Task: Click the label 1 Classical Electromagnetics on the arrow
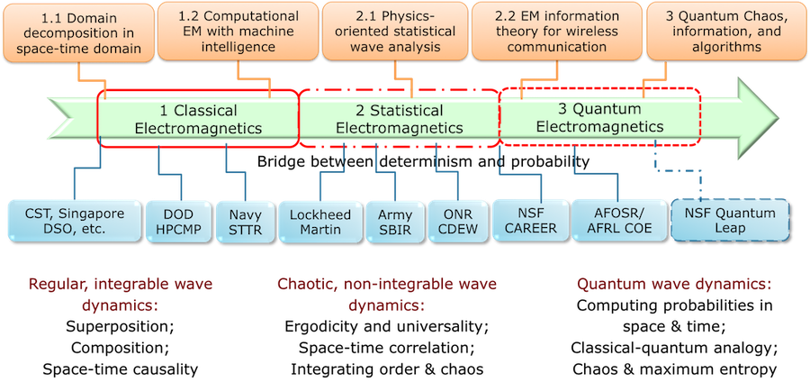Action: tap(198, 119)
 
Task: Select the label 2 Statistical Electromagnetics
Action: tap(399, 119)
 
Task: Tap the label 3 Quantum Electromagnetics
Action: tap(599, 118)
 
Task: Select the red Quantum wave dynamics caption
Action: tap(674, 285)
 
